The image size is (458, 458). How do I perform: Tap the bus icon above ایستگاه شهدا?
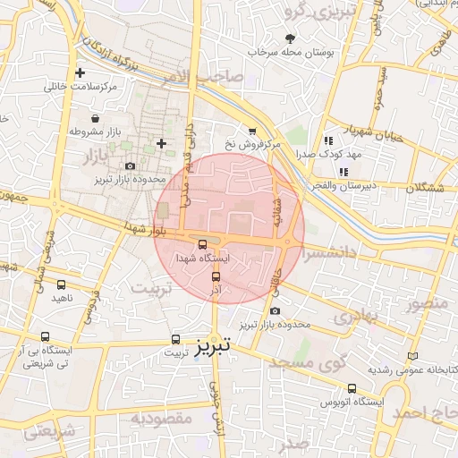click(x=202, y=243)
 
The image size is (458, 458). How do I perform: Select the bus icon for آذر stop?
click(x=216, y=276)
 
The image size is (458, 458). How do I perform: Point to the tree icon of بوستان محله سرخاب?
click(x=289, y=38)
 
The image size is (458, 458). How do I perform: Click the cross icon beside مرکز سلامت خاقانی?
click(x=81, y=72)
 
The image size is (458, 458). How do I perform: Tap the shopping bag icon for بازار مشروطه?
click(x=95, y=118)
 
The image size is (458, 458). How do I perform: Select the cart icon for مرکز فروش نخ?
click(x=252, y=131)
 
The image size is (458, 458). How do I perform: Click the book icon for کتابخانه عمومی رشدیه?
click(x=412, y=355)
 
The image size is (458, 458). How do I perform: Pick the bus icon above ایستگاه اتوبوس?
click(x=352, y=388)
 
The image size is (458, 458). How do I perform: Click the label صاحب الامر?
click(x=210, y=78)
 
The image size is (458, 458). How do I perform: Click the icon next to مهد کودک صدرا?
click(x=328, y=140)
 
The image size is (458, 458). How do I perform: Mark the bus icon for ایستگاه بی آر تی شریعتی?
click(x=45, y=336)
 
